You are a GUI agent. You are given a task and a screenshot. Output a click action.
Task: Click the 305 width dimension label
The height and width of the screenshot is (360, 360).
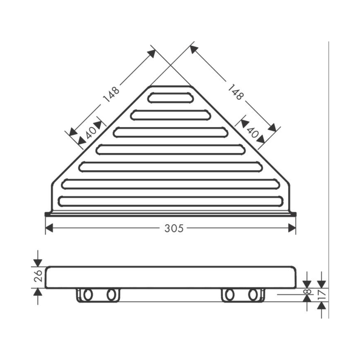pyautogui.click(x=174, y=228)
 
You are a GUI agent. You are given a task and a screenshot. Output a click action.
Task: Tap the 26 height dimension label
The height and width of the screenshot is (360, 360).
pyautogui.click(x=38, y=276)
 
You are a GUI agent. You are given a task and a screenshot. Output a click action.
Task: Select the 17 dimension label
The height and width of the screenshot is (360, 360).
pyautogui.click(x=322, y=294)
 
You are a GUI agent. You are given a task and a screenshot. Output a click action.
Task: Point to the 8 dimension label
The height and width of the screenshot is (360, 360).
pyautogui.click(x=307, y=291)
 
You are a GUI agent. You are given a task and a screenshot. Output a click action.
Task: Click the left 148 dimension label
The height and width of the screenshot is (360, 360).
pyautogui.click(x=111, y=94)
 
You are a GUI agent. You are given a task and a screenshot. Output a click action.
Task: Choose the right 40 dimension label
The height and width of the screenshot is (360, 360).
pyautogui.click(x=253, y=133)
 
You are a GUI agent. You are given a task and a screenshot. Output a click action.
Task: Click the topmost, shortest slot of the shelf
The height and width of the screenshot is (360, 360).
pyautogui.click(x=171, y=98)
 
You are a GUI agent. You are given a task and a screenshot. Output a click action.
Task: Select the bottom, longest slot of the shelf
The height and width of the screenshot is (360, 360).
pyautogui.click(x=171, y=201)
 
